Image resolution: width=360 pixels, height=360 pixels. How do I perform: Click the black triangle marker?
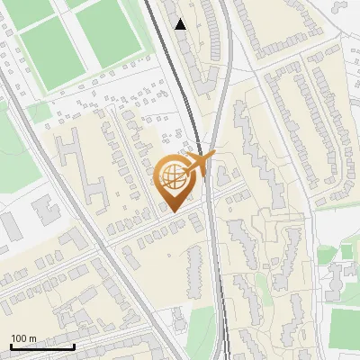pyautogui.click(x=181, y=24)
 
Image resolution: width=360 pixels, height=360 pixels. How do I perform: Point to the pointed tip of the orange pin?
pyautogui.click(x=172, y=211)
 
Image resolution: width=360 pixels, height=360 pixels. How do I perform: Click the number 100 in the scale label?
pyautogui.click(x=19, y=338)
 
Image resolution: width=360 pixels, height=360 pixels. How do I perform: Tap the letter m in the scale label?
pyautogui.click(x=32, y=338)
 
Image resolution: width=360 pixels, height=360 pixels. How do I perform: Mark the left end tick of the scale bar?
pyautogui.click(x=12, y=346)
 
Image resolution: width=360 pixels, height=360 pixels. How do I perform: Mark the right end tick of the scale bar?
pyautogui.click(x=74, y=346)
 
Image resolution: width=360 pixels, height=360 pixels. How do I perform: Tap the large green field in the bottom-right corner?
pyautogui.click(x=345, y=328)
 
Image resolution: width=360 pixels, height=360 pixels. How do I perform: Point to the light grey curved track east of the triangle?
pyautogui.click(x=226, y=54)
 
